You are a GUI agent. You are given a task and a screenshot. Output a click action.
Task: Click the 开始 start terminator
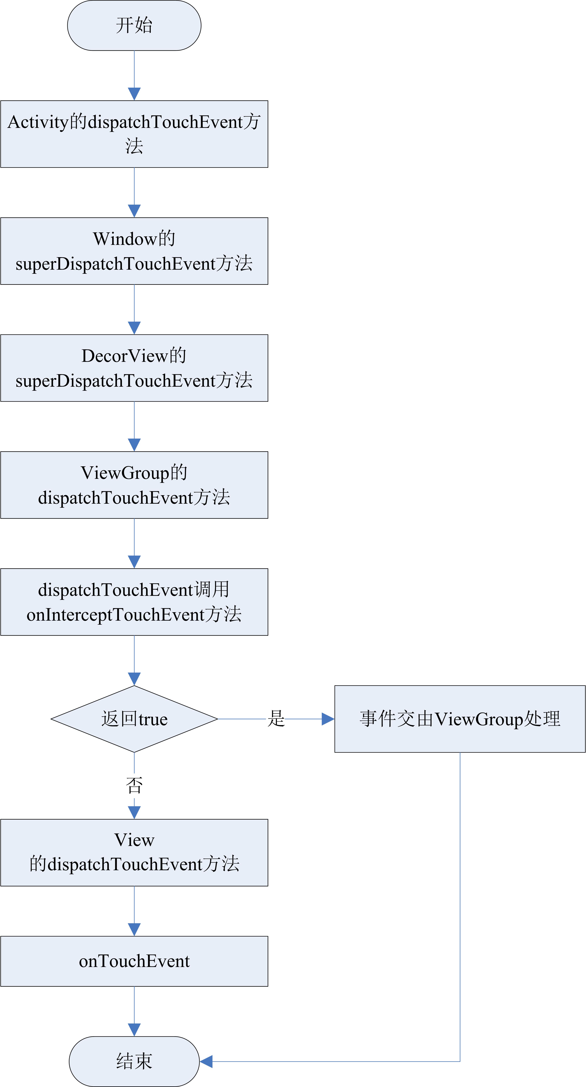click(134, 25)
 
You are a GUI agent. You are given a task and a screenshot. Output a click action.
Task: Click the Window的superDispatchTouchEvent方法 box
click(134, 251)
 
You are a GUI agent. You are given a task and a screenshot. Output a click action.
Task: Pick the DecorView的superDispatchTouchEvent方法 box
click(134, 368)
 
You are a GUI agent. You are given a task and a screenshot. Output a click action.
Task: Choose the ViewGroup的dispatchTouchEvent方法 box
click(134, 485)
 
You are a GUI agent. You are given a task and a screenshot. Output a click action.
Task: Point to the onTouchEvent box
click(134, 961)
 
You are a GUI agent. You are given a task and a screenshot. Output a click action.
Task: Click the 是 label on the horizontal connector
click(276, 718)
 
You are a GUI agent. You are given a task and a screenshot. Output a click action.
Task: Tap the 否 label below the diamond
click(134, 785)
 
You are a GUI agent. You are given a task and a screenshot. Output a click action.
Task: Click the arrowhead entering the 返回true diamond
click(134, 679)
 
